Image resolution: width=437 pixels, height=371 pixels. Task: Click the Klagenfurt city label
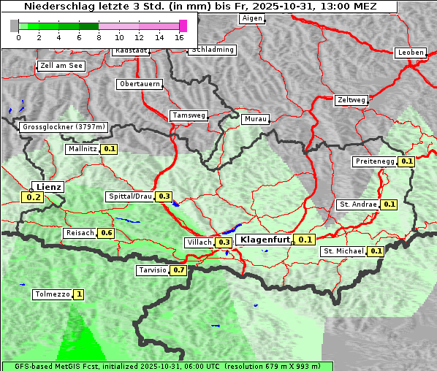265,240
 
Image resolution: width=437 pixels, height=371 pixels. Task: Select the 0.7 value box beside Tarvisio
178,270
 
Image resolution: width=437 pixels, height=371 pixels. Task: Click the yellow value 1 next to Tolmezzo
78,295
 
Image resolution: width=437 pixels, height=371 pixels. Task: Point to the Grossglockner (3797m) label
64,127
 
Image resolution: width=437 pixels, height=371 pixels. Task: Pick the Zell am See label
61,66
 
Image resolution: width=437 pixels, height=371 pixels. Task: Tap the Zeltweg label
351,100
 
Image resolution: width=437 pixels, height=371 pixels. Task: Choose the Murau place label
256,118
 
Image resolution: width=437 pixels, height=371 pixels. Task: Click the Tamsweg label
189,115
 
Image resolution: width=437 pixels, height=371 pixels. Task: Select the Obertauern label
139,84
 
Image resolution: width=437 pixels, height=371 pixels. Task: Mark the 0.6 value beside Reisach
107,233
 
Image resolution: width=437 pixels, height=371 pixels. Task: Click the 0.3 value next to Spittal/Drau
164,196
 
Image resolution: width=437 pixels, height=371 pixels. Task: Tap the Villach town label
199,242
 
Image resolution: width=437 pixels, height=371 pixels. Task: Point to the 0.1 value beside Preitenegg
407,161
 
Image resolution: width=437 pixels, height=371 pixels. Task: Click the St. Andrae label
358,204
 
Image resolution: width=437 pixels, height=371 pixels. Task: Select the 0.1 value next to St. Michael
376,251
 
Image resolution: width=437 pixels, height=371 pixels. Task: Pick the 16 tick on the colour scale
180,37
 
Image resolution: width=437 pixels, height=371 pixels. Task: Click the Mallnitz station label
82,149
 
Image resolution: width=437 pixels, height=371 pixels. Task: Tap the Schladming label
212,50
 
